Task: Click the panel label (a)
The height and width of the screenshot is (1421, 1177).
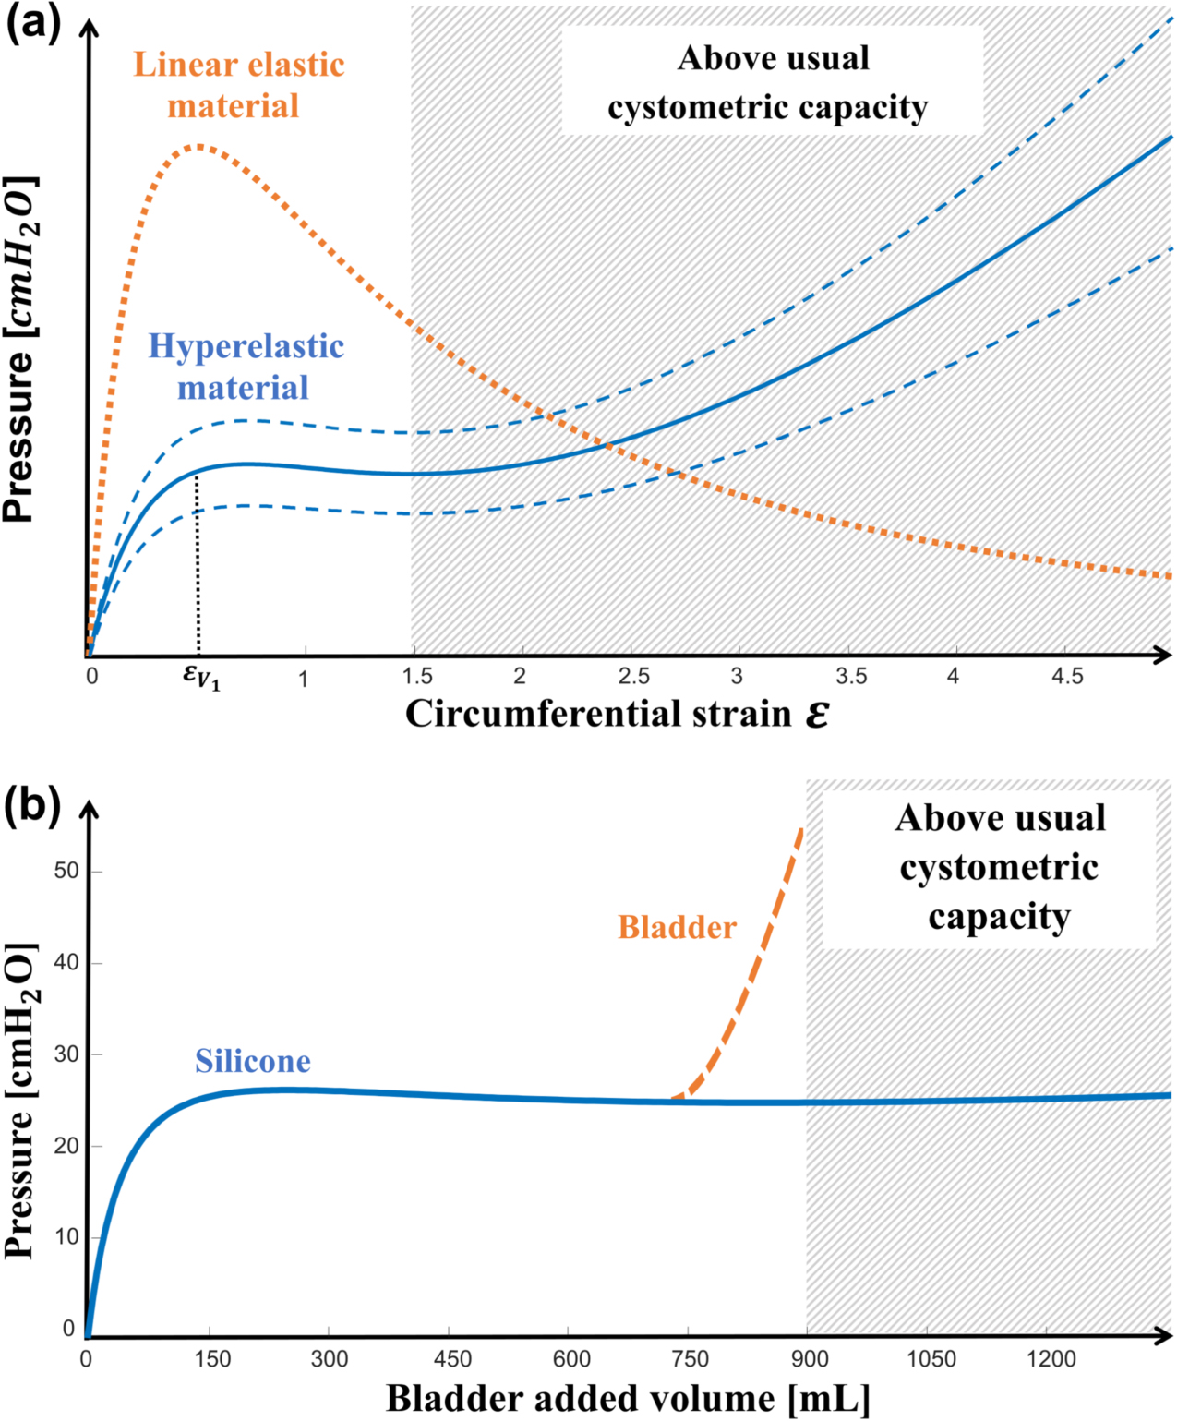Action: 33,22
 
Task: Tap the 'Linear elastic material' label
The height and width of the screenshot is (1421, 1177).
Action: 238,85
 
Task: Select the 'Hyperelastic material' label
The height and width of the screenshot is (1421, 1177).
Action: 246,366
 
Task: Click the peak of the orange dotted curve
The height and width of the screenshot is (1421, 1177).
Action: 198,146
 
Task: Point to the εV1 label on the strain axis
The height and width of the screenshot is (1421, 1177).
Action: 201,678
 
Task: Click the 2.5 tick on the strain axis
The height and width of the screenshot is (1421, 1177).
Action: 634,676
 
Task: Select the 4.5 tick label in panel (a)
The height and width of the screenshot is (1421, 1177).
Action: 1067,676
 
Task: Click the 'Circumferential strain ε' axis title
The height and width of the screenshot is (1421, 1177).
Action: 617,714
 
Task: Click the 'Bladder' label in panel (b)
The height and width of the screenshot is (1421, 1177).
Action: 677,927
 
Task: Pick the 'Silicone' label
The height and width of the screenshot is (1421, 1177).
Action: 252,1061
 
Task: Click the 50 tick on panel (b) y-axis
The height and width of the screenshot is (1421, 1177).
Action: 66,871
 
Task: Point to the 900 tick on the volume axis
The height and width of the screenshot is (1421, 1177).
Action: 810,1358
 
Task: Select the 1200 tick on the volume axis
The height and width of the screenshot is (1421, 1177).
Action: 1051,1358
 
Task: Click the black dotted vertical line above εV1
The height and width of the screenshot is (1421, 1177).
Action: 198,563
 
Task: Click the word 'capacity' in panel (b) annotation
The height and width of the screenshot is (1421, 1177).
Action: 999,917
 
